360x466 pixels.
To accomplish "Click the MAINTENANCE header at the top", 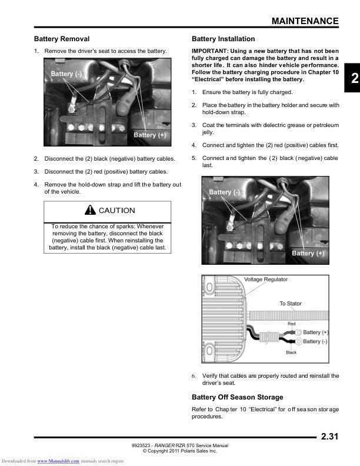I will (x=305, y=21).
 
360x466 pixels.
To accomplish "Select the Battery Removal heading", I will (x=62, y=39).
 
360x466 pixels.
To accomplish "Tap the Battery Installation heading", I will (x=224, y=39).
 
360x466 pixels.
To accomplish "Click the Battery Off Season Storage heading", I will (x=237, y=397).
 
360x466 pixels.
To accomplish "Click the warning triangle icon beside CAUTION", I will (x=89, y=210).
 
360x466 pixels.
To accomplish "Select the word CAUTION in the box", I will (x=116, y=211).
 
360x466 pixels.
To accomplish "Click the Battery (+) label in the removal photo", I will (x=150, y=135).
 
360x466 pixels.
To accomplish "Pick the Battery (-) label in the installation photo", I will (x=224, y=192).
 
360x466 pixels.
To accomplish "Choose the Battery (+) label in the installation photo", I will (x=308, y=253).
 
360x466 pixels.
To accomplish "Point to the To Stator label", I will (x=290, y=304).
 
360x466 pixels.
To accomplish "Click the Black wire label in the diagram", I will (x=291, y=352).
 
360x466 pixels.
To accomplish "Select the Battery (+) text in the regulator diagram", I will (x=316, y=332).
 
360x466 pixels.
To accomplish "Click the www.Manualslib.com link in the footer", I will (x=58, y=461).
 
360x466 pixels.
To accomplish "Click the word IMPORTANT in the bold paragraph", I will (x=209, y=51).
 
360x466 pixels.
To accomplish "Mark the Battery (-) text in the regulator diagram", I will (x=315, y=341).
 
